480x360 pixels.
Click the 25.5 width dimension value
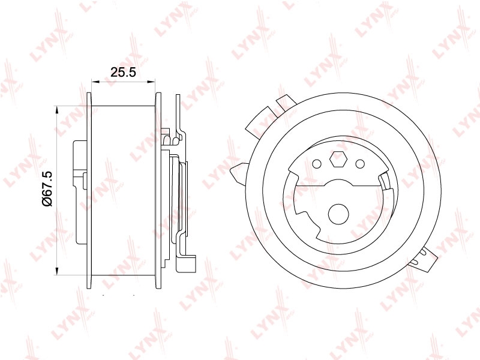(123, 72)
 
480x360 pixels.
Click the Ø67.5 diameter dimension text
(48, 189)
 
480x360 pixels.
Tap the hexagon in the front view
(338, 159)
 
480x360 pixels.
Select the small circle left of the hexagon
(317, 164)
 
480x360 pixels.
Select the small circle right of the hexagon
(360, 164)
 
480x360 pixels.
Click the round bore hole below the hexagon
(338, 214)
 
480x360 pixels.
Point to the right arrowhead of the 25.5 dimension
(151, 82)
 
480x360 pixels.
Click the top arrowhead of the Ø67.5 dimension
(56, 110)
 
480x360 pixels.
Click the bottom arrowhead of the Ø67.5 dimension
(56, 271)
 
